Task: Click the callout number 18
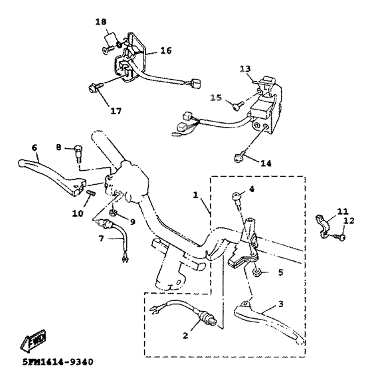tap(101, 22)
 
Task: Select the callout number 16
tap(166, 50)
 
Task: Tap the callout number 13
tap(245, 69)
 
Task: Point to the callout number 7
tap(102, 238)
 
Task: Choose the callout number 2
tap(185, 336)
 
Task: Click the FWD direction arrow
tap(33, 340)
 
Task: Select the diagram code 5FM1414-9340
tap(58, 361)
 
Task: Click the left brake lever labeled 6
tap(53, 177)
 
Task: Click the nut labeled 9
tap(113, 213)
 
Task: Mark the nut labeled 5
tap(257, 272)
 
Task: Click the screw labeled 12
tap(340, 237)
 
